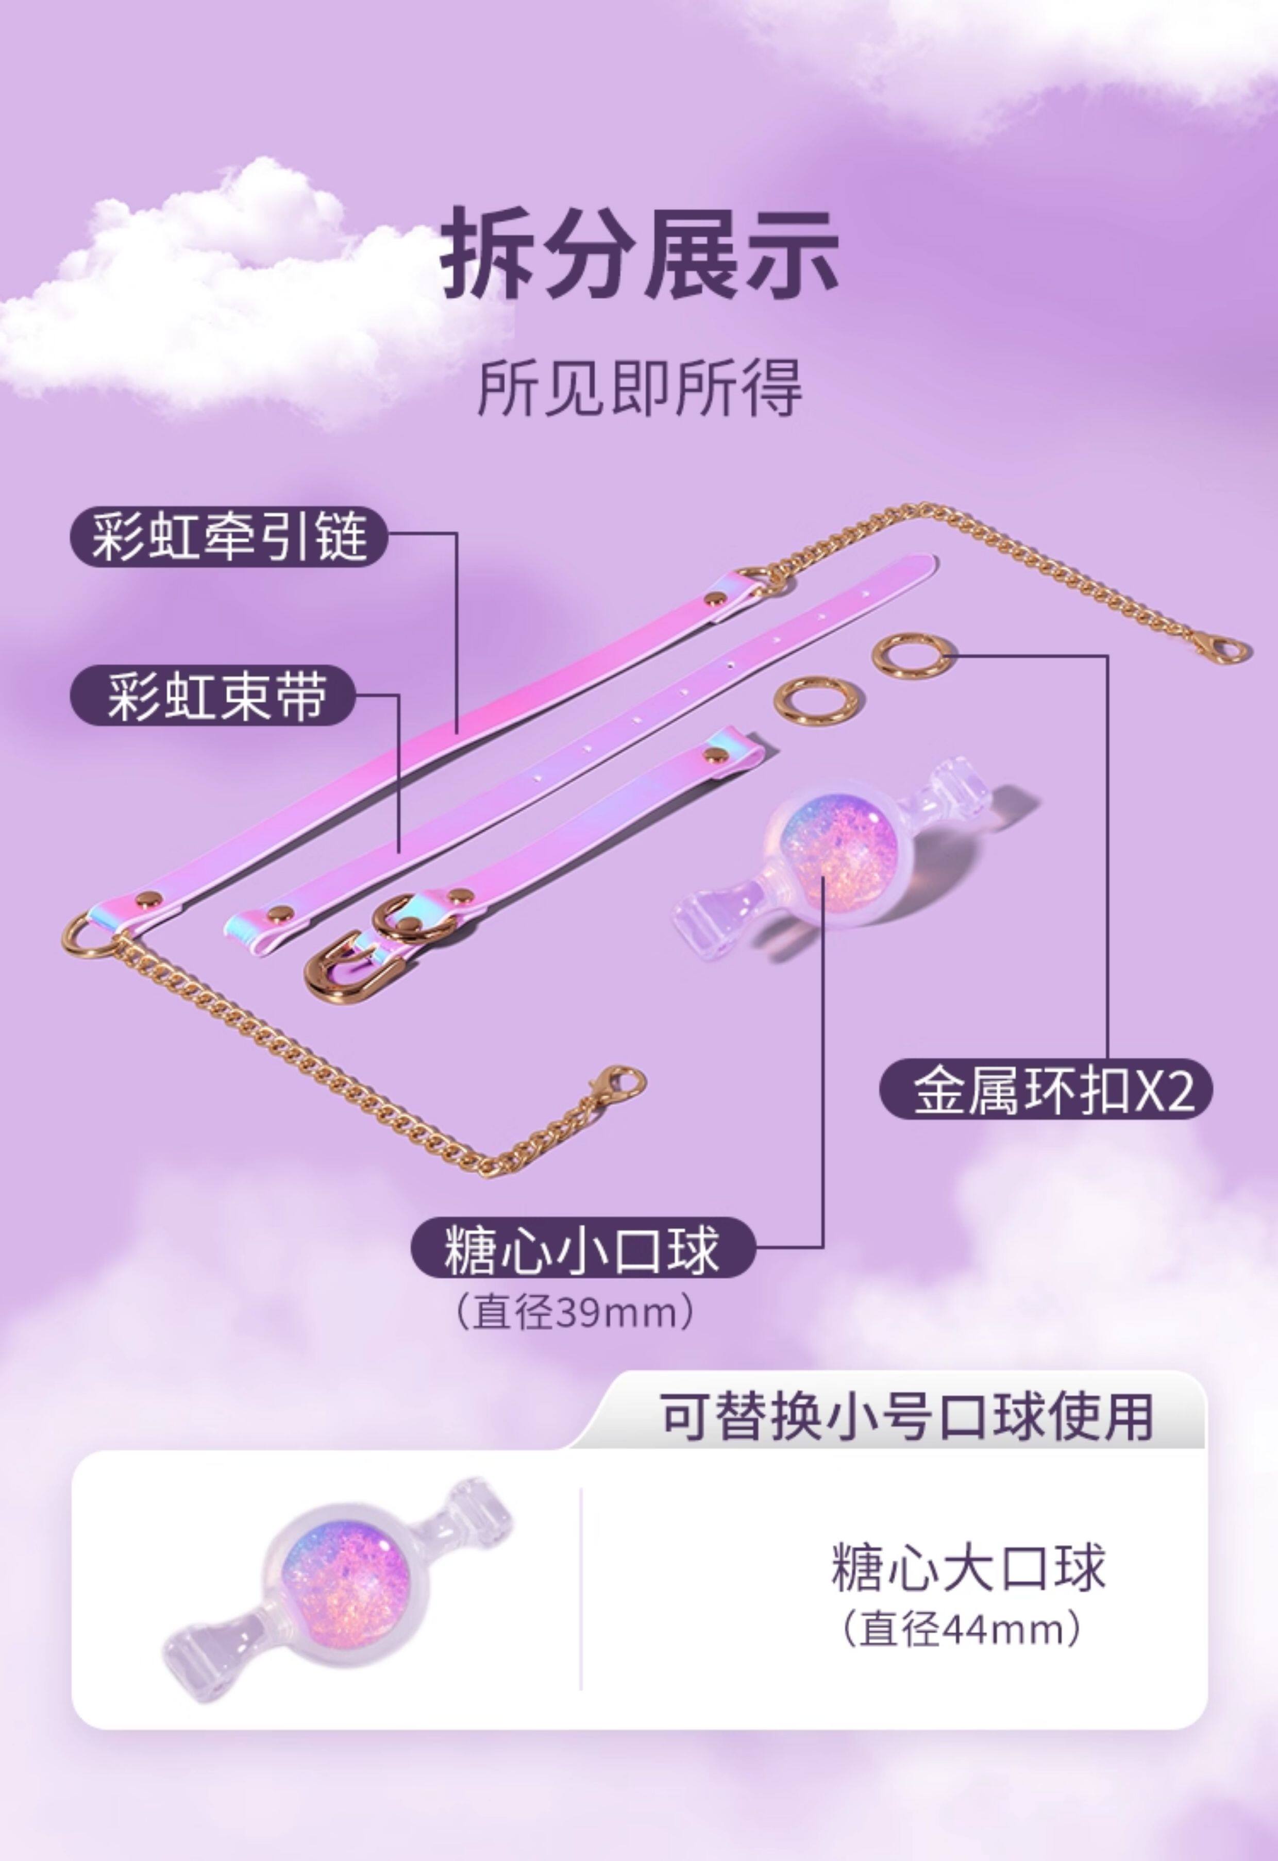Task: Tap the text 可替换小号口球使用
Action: pyautogui.click(x=906, y=1416)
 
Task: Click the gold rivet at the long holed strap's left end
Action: pyautogui.click(x=278, y=913)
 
